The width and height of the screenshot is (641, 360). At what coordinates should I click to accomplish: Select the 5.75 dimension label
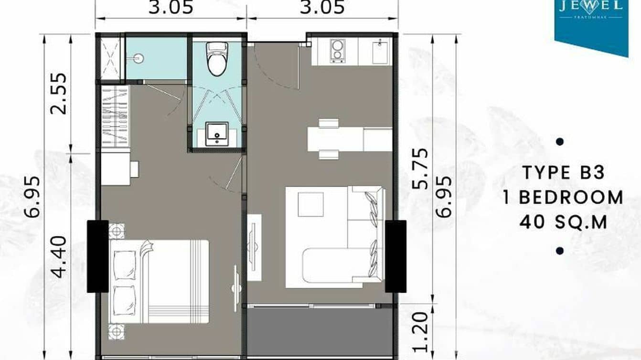coord(421,169)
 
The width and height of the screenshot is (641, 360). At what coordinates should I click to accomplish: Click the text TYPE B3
coord(563,173)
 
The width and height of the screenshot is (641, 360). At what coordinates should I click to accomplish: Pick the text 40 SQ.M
coord(563,222)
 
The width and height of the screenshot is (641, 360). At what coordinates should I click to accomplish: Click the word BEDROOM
coord(571,197)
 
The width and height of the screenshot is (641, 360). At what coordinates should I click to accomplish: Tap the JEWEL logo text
coord(591,6)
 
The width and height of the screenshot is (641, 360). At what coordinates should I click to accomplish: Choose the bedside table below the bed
coord(116,331)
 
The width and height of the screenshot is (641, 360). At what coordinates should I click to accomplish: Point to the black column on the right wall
coord(395,256)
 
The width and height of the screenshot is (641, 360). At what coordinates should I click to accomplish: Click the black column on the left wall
coord(97,256)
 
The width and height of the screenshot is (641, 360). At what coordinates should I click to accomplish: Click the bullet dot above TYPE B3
coord(560,142)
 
